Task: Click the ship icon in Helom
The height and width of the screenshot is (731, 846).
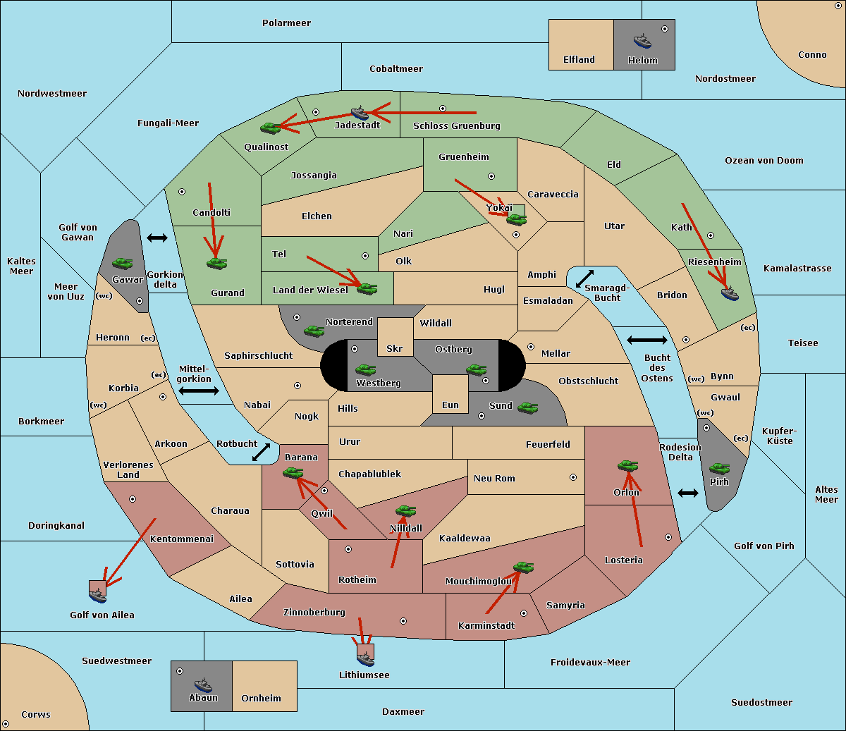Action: tap(642, 41)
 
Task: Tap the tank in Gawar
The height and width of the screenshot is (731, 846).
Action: tap(123, 263)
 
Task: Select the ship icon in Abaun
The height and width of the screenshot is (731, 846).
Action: tap(203, 685)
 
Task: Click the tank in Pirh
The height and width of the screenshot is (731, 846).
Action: tap(719, 468)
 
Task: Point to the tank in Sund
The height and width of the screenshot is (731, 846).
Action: tap(527, 407)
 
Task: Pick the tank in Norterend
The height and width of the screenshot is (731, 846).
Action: tap(314, 331)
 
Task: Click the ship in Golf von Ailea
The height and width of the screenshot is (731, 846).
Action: tap(97, 595)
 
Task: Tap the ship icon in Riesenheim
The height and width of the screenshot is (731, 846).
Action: tap(730, 293)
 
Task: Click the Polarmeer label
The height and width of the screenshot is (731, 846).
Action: tap(286, 23)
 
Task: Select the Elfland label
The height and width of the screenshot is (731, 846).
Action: tap(579, 60)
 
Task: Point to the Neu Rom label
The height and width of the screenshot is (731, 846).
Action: tap(494, 478)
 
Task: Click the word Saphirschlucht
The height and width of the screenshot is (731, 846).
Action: tap(258, 356)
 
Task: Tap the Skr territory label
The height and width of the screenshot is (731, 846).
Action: tap(394, 348)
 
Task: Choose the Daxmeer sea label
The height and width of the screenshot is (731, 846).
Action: tap(403, 711)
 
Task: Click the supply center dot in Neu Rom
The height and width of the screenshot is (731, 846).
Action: tap(573, 477)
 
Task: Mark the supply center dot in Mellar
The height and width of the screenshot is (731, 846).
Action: tap(531, 347)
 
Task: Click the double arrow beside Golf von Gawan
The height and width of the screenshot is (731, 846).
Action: tap(157, 238)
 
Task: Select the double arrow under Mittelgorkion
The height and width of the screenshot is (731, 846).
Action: tap(199, 391)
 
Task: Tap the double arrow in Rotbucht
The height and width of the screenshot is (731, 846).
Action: tap(262, 452)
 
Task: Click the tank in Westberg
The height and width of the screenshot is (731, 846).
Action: tap(365, 369)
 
